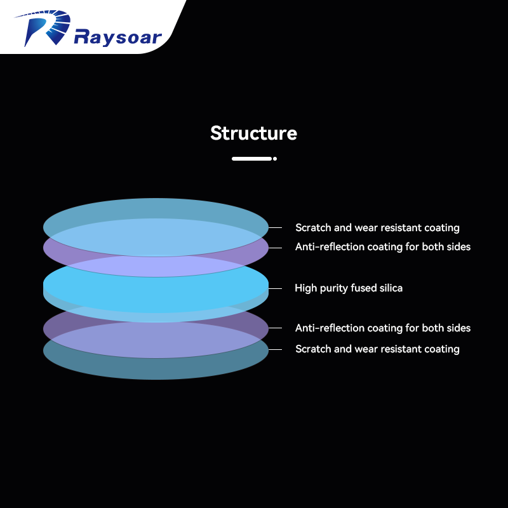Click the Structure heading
point(253,133)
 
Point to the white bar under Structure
point(251,159)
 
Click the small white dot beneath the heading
point(275,159)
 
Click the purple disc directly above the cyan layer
point(156,267)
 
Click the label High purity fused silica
point(349,288)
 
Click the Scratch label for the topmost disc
point(377,227)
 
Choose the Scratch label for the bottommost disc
point(377,349)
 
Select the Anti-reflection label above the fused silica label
point(383,246)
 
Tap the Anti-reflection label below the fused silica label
point(383,328)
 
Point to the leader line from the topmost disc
point(275,227)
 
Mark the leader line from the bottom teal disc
point(275,349)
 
